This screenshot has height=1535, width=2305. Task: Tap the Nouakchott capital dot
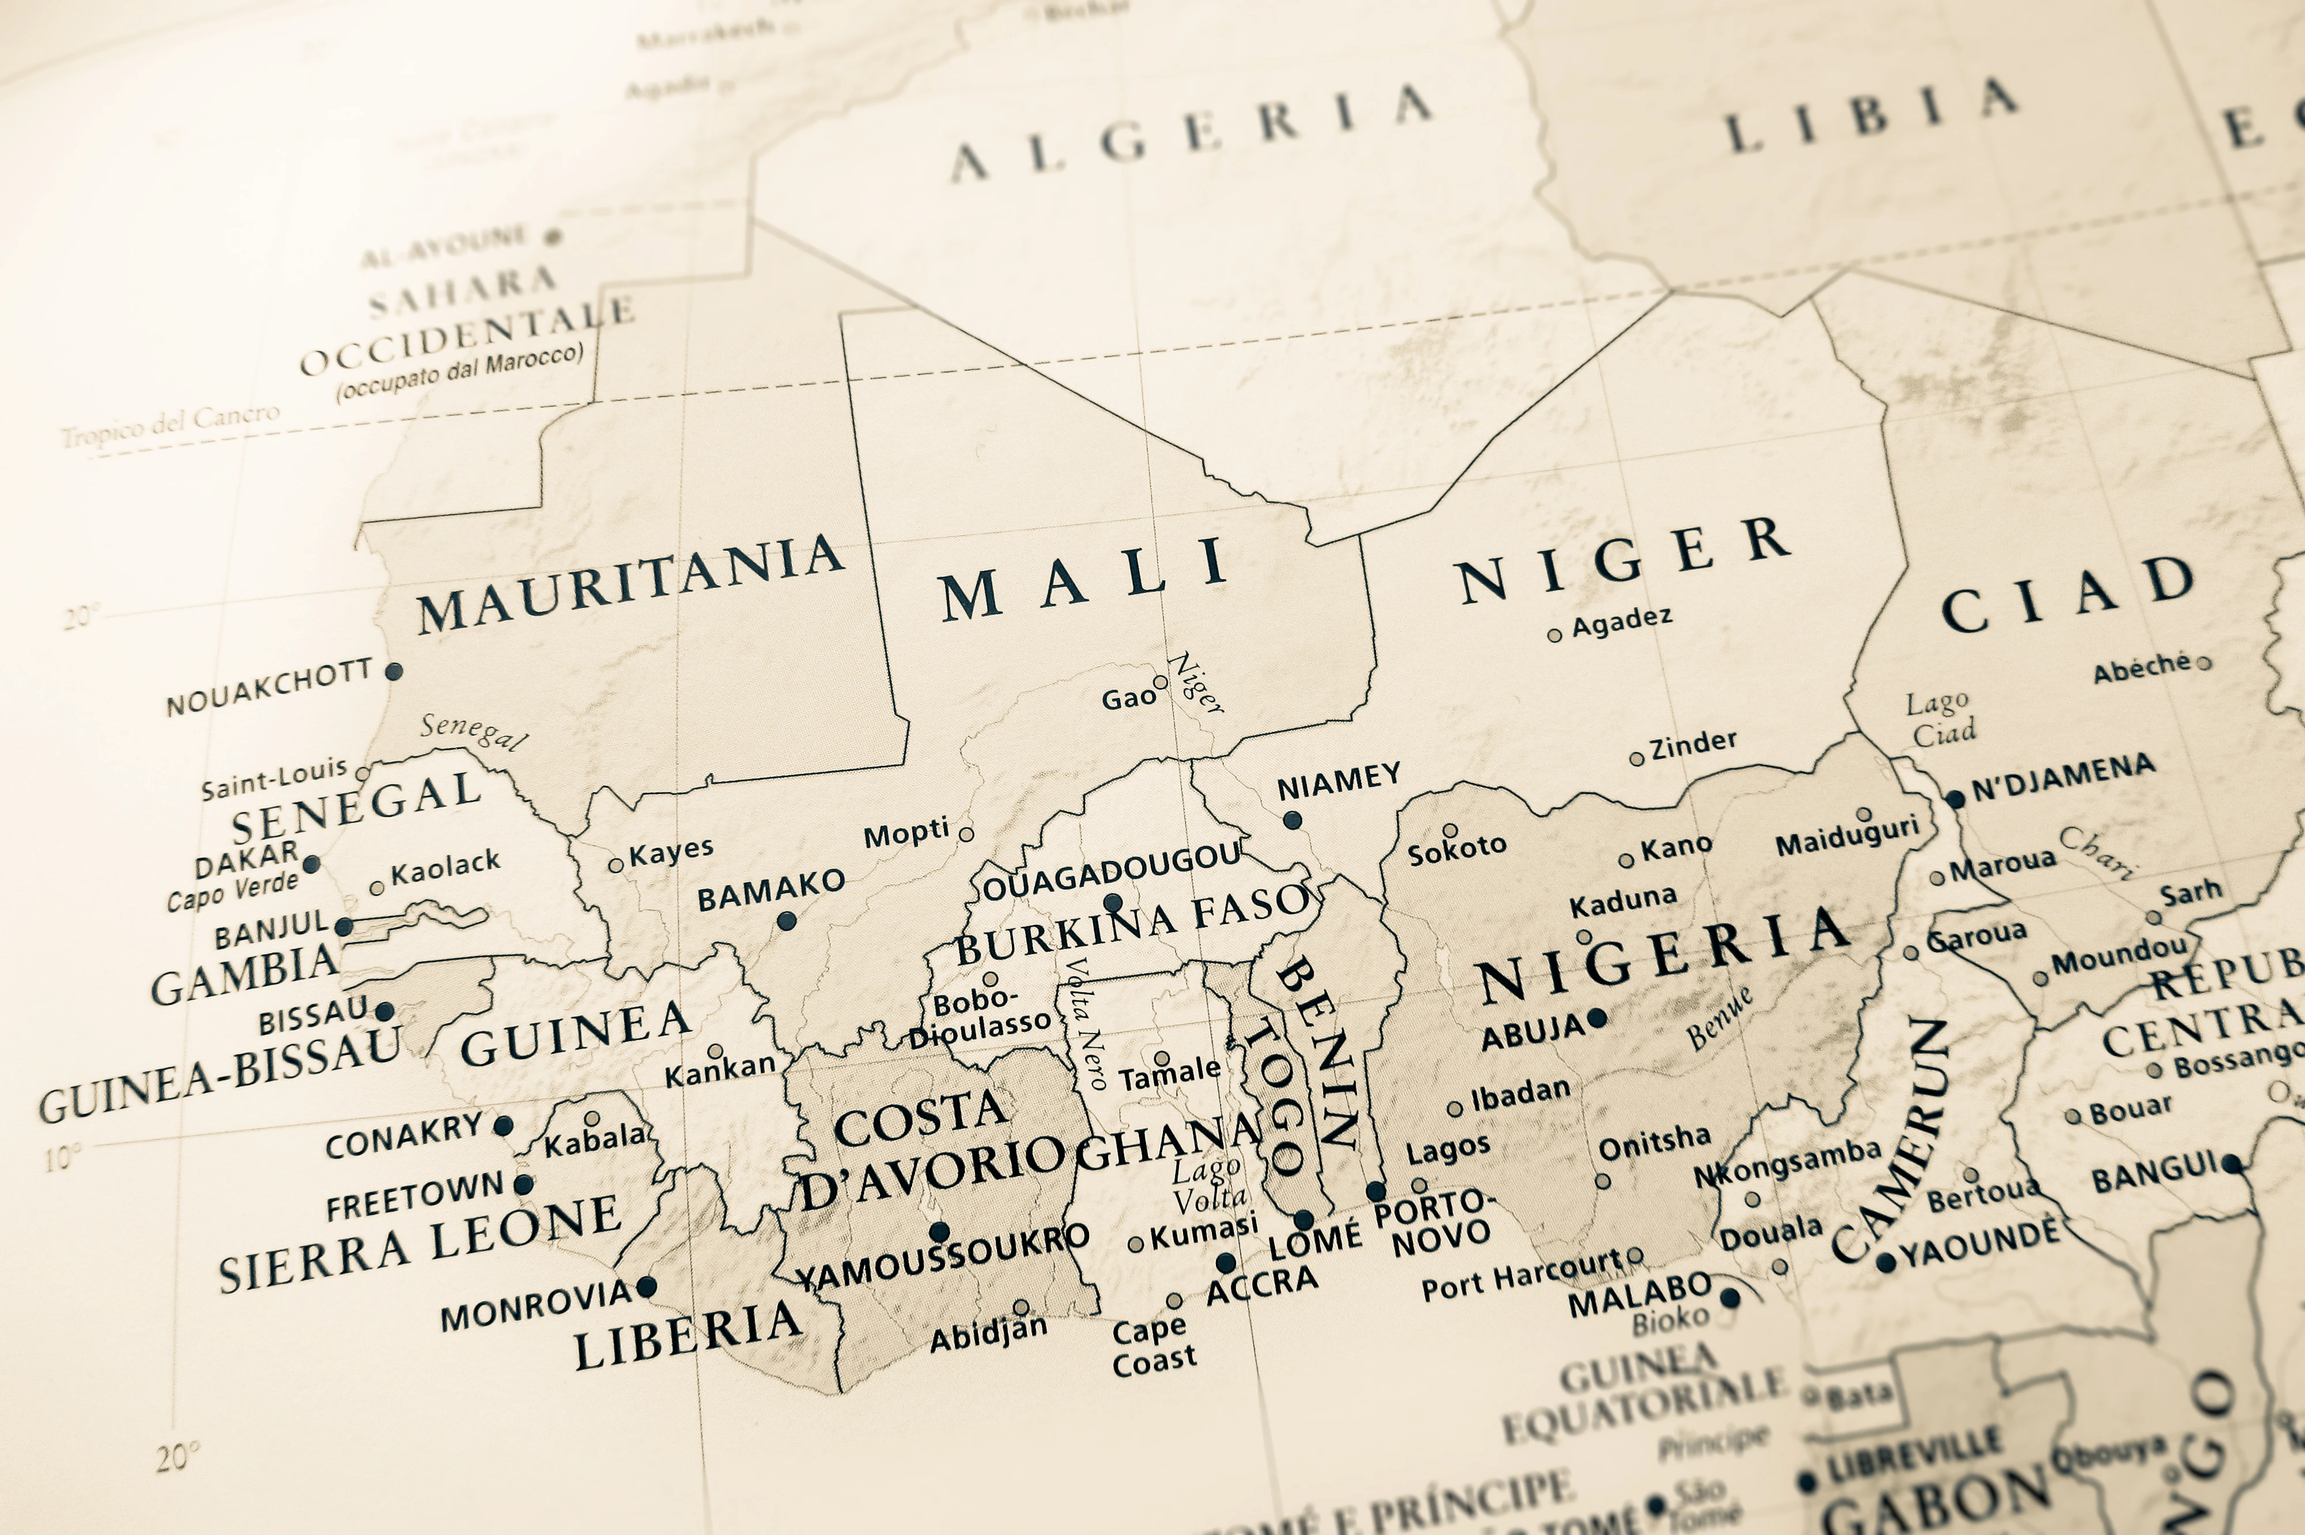click(394, 672)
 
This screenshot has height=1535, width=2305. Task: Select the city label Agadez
click(1622, 622)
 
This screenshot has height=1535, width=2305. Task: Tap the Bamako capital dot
click(786, 920)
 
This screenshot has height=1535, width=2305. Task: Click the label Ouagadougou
click(1112, 871)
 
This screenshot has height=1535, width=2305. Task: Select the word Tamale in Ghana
click(1170, 1075)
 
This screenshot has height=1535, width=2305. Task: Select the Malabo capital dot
click(1729, 1298)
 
